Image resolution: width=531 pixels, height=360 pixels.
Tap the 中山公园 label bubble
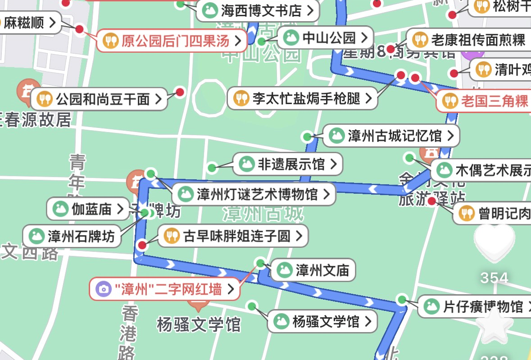coord(325,38)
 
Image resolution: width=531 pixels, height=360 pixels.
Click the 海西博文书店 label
coord(258,10)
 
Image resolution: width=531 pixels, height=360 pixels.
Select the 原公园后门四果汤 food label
coord(172,41)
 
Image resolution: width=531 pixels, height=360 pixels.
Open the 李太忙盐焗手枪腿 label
coord(302,98)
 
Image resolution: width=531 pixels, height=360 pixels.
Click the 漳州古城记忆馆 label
coord(391,135)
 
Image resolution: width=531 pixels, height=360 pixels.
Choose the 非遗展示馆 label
coord(287,164)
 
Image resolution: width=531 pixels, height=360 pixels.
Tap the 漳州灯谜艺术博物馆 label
coord(254,195)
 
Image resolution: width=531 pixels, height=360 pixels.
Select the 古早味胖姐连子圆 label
coord(233,236)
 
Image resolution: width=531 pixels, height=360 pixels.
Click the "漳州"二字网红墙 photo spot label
coord(164,289)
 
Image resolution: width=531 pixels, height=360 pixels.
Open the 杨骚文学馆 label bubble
coord(322,322)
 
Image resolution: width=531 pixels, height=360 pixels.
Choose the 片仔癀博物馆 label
coord(473,307)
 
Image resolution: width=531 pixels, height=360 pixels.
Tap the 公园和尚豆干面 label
coord(99,99)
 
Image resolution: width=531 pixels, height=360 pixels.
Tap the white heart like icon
coord(495,244)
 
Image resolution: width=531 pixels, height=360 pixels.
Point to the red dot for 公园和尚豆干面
coord(180,92)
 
